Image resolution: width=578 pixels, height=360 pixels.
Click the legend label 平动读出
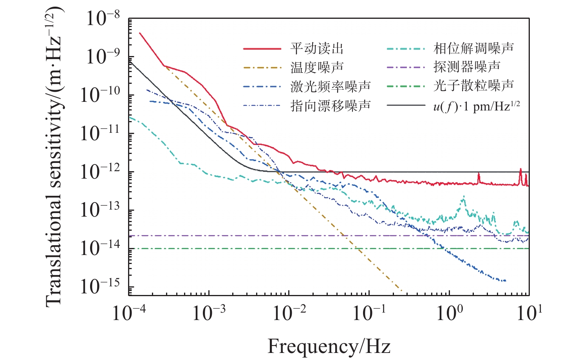tap(317, 49)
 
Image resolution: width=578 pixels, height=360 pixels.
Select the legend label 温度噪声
tap(317, 67)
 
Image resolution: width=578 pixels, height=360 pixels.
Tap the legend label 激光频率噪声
tap(330, 86)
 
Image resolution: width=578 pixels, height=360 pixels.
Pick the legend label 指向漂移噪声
tap(330, 105)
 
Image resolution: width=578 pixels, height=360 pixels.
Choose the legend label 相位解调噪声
tap(473, 49)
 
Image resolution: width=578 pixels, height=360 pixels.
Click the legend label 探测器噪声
tap(467, 67)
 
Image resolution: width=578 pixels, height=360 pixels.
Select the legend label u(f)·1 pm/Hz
tap(476, 106)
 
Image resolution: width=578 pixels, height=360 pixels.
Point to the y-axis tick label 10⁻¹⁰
tap(100, 95)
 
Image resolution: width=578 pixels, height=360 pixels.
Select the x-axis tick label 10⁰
tap(449, 313)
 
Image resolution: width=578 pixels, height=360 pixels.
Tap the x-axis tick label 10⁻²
tap(289, 313)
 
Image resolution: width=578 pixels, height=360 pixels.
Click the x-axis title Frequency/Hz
tap(329, 346)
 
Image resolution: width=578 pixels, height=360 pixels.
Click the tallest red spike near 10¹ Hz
tap(520, 169)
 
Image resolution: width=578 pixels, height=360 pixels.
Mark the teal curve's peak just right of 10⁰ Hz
tap(464, 196)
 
